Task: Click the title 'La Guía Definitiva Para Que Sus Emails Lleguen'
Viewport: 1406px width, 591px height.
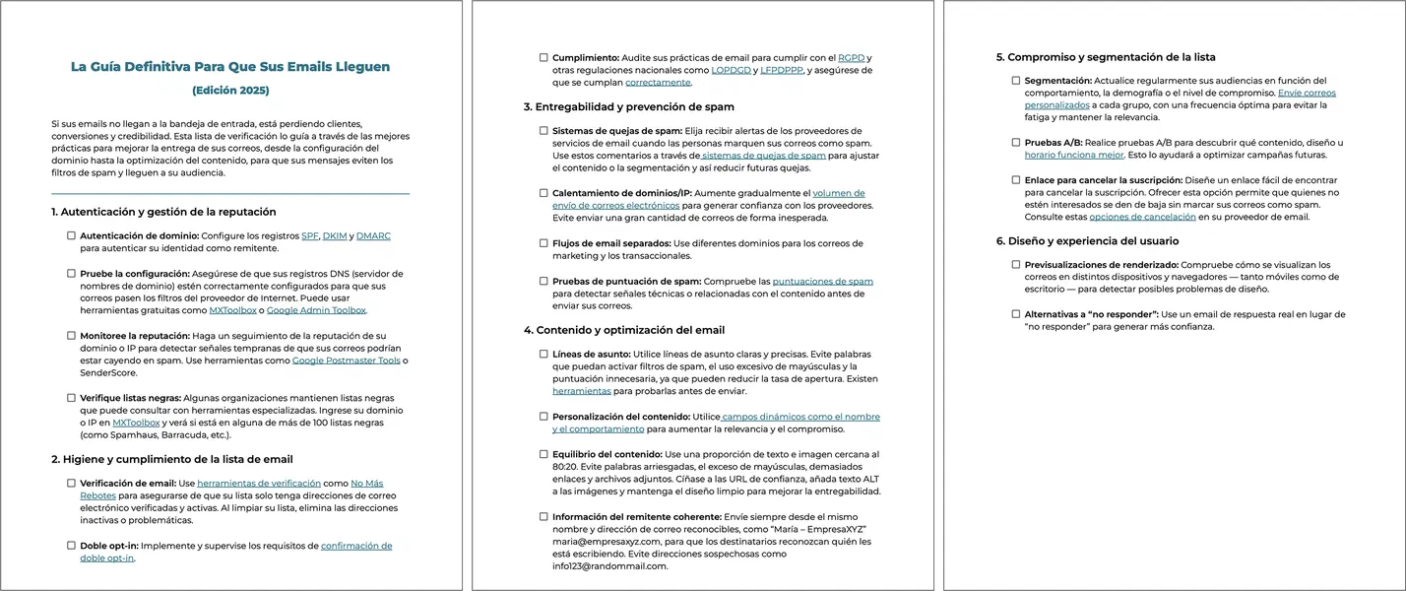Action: pos(230,67)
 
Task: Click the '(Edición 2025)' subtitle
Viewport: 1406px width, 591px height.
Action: pos(230,91)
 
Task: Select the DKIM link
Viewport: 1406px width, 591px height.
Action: pos(336,236)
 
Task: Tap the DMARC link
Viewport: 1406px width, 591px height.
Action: pos(373,236)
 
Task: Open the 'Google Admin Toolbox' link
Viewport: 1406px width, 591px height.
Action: pos(316,310)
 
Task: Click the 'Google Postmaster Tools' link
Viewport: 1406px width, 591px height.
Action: pos(346,361)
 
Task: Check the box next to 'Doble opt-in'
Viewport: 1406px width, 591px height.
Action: pos(71,546)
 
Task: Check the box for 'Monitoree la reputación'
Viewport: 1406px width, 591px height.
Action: pos(71,336)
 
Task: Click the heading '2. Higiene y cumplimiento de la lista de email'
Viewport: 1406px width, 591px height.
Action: pos(171,459)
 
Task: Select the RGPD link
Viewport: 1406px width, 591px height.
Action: pos(851,57)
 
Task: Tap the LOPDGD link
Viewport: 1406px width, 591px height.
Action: pos(732,70)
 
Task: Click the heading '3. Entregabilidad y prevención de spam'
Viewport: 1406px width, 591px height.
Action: pos(628,106)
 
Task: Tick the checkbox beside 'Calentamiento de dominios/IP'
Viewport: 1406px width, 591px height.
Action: pos(543,193)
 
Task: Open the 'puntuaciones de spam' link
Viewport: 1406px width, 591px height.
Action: pos(822,281)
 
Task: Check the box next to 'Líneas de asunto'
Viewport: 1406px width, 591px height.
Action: pos(543,354)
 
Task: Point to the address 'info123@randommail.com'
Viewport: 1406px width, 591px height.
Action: pos(609,566)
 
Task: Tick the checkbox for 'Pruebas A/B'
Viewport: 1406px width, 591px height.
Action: pos(1016,143)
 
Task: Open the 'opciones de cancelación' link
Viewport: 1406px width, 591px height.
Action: pos(1142,217)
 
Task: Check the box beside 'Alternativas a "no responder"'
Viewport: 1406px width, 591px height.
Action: pos(1016,314)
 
